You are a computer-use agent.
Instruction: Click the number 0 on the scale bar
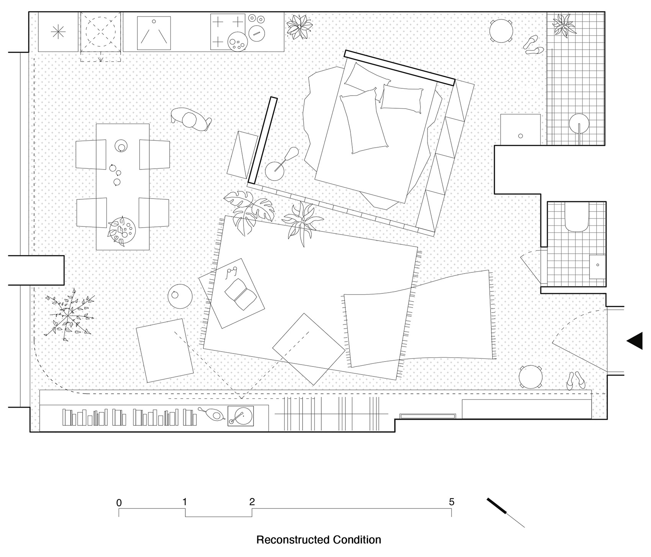pos(119,503)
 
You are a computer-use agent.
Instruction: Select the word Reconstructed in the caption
pos(288,540)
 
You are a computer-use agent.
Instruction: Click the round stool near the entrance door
pos(531,377)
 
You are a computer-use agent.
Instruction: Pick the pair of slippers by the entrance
pos(575,381)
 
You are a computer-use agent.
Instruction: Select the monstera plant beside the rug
pos(249,210)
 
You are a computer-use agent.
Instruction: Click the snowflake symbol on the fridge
pos(59,32)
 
